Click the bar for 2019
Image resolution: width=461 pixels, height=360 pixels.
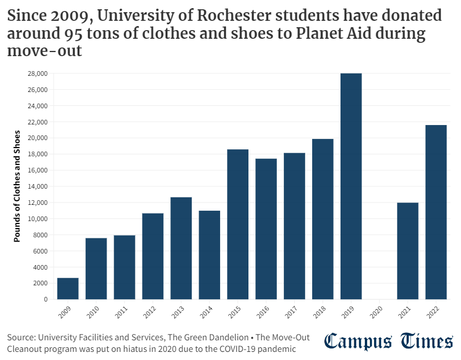click(x=351, y=186)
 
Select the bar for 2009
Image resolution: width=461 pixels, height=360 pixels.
click(x=68, y=288)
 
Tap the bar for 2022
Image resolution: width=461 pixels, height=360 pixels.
click(x=436, y=212)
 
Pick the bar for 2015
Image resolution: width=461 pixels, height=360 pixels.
click(x=237, y=224)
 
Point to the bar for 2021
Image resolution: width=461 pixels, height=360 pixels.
click(x=408, y=251)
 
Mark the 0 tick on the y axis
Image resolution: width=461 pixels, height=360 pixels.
click(x=45, y=299)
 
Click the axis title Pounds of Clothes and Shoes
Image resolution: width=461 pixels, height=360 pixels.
click(x=17, y=186)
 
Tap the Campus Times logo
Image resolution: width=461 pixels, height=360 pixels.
click(x=389, y=341)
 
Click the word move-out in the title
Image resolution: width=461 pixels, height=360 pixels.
click(x=45, y=52)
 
